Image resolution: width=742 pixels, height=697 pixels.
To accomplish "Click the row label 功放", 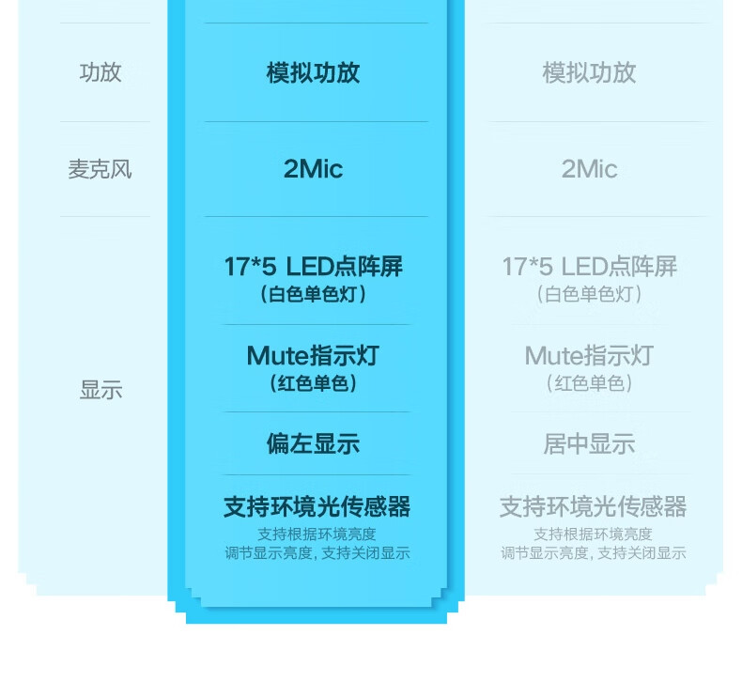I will (100, 72).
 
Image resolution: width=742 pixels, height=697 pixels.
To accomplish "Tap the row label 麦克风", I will (100, 169).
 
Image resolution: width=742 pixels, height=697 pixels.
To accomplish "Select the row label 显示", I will (100, 390).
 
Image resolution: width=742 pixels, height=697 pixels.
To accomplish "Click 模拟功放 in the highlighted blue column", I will (313, 72).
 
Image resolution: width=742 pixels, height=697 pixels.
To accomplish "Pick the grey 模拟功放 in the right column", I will (589, 72).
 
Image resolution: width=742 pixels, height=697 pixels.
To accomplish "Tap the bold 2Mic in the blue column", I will (313, 169).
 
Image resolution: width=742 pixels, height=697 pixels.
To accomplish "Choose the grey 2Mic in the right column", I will (589, 169).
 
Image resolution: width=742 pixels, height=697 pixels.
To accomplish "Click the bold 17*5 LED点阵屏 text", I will (313, 267).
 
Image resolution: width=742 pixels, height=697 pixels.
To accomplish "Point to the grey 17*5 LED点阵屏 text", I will (589, 267).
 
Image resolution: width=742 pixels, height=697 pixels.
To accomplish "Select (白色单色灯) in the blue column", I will (313, 294).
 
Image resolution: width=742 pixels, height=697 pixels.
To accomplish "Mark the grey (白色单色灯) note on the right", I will (589, 294).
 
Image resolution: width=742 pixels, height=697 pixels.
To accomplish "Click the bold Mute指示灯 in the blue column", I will (313, 356).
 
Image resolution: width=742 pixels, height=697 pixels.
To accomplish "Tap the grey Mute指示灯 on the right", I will (589, 356).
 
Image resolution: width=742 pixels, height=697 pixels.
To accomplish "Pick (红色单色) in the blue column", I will (313, 383).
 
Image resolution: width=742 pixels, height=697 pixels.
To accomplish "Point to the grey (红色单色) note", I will (589, 383).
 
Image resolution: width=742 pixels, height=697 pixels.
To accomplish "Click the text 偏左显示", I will (313, 443).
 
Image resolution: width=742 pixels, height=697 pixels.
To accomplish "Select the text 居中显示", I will (589, 443).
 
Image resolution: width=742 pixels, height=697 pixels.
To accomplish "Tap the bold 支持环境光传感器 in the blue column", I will (317, 507).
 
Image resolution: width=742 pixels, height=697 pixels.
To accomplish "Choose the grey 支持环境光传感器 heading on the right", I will (593, 507).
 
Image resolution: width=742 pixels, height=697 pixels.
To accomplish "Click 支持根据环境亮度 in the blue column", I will (317, 534).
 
